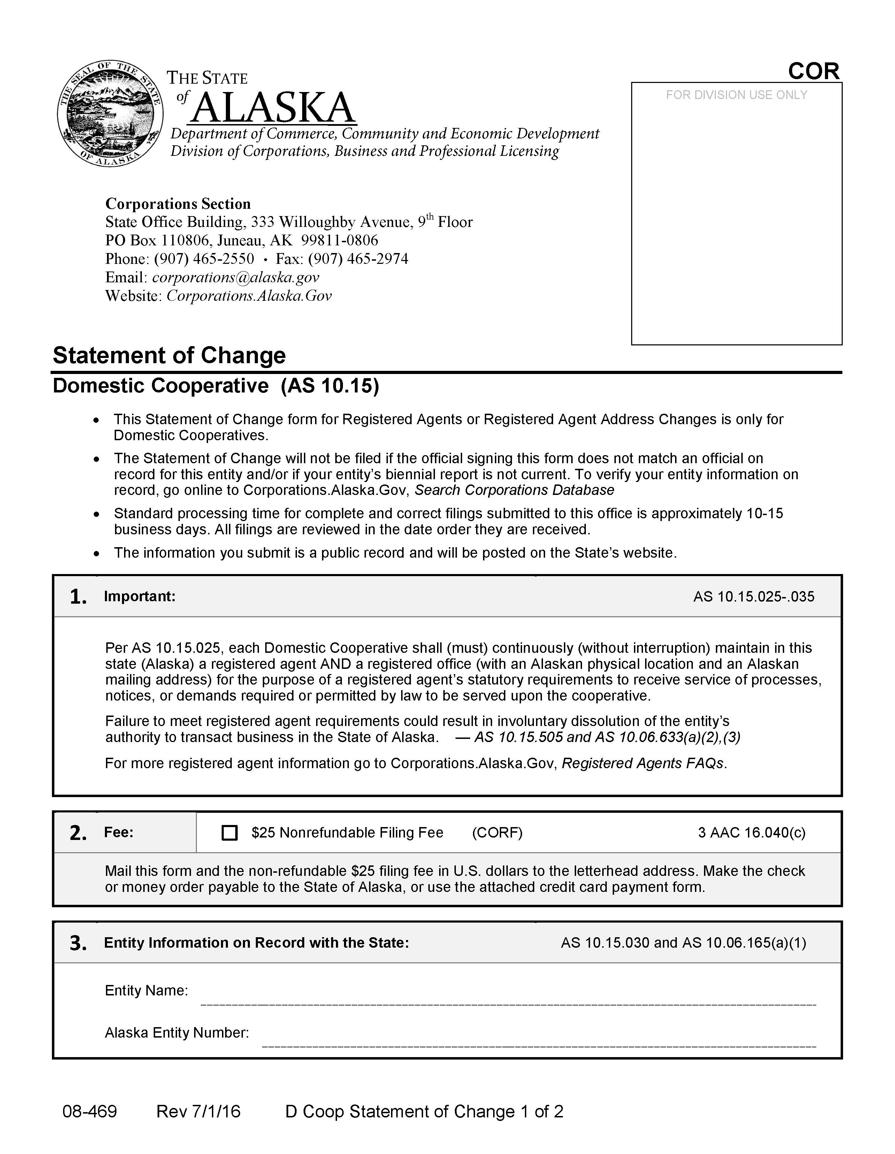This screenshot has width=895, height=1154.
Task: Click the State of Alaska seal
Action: [110, 113]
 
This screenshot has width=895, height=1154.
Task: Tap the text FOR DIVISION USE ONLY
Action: [736, 95]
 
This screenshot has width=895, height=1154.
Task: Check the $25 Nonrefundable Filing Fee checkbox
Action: [229, 833]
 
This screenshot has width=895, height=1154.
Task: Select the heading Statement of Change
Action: [169, 355]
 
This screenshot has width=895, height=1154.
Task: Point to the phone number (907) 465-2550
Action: [204, 259]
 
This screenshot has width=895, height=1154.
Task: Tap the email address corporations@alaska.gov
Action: [236, 277]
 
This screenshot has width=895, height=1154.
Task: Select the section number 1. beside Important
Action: [78, 597]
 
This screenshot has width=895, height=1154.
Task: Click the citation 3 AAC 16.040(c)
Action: [751, 833]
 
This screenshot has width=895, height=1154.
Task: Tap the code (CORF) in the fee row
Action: [497, 833]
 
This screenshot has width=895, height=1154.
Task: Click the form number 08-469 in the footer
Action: [90, 1111]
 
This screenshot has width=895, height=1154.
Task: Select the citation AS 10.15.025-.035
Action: [754, 597]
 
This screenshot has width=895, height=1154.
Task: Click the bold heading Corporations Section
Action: [178, 204]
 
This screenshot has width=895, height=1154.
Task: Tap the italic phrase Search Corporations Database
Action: [514, 490]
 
